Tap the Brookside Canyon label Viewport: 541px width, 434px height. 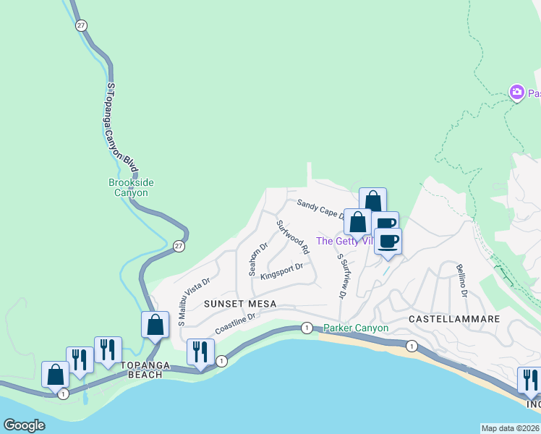[131, 188]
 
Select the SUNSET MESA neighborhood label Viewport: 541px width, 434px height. [239, 304]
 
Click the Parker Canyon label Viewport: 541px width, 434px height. [356, 328]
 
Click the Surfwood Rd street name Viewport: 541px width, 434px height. [293, 237]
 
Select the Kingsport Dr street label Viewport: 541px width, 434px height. [281, 271]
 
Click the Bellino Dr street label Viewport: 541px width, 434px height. [461, 281]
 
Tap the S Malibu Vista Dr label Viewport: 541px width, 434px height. [192, 301]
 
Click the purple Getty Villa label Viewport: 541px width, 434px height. [345, 242]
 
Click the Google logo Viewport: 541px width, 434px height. [24, 425]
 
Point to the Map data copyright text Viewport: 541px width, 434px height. [511, 428]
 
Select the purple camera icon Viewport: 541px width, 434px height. [516, 93]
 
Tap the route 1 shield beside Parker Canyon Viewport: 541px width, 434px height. [307, 328]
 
